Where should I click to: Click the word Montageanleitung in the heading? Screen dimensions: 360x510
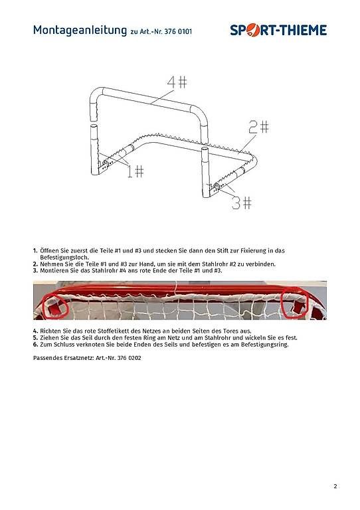pyautogui.click(x=80, y=31)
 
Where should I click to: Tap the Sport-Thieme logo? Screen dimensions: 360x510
pyautogui.click(x=278, y=31)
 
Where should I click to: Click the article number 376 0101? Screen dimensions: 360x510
pyautogui.click(x=178, y=32)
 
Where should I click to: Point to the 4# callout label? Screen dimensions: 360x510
pyautogui.click(x=177, y=82)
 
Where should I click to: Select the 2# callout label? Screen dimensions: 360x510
pyautogui.click(x=259, y=127)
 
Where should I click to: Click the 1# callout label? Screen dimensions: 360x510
pyautogui.click(x=135, y=171)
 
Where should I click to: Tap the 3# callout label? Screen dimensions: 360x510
pyautogui.click(x=242, y=203)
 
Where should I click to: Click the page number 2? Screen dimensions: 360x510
pyautogui.click(x=335, y=486)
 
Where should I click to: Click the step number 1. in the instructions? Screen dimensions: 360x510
pyautogui.click(x=35, y=251)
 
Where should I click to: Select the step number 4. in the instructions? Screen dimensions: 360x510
pyautogui.click(x=35, y=331)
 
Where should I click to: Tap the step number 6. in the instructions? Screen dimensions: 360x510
pyautogui.click(x=35, y=345)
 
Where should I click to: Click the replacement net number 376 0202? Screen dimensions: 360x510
pyautogui.click(x=129, y=358)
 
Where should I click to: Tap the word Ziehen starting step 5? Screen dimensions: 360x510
pyautogui.click(x=49, y=338)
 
